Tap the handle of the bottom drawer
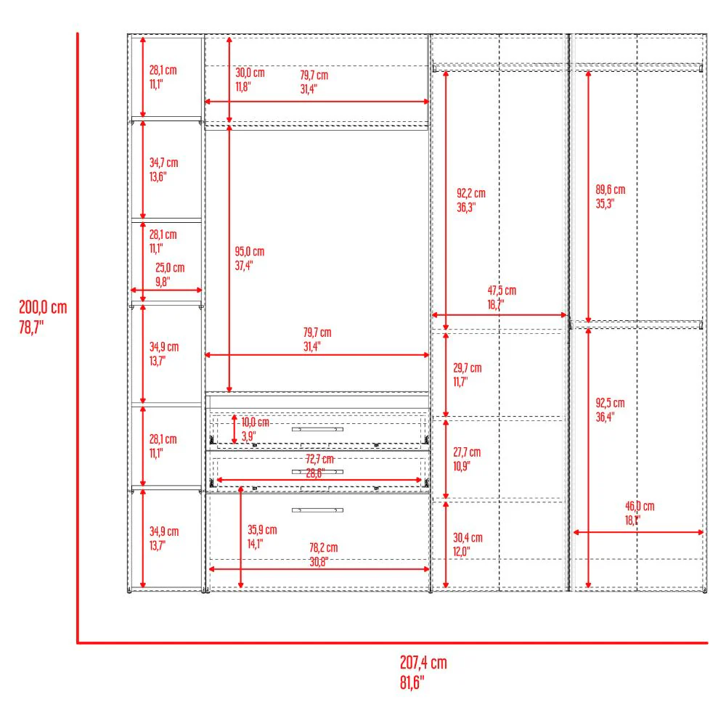pos(318,510)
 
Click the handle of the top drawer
pos(318,429)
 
